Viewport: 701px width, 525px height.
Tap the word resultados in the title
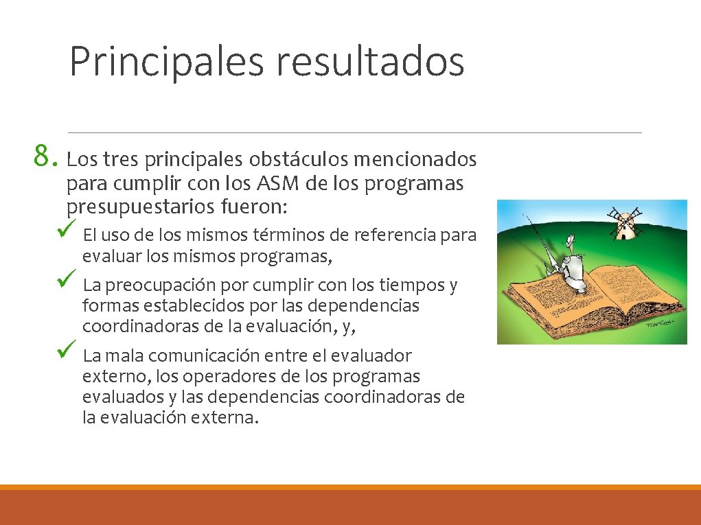pyautogui.click(x=371, y=60)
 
